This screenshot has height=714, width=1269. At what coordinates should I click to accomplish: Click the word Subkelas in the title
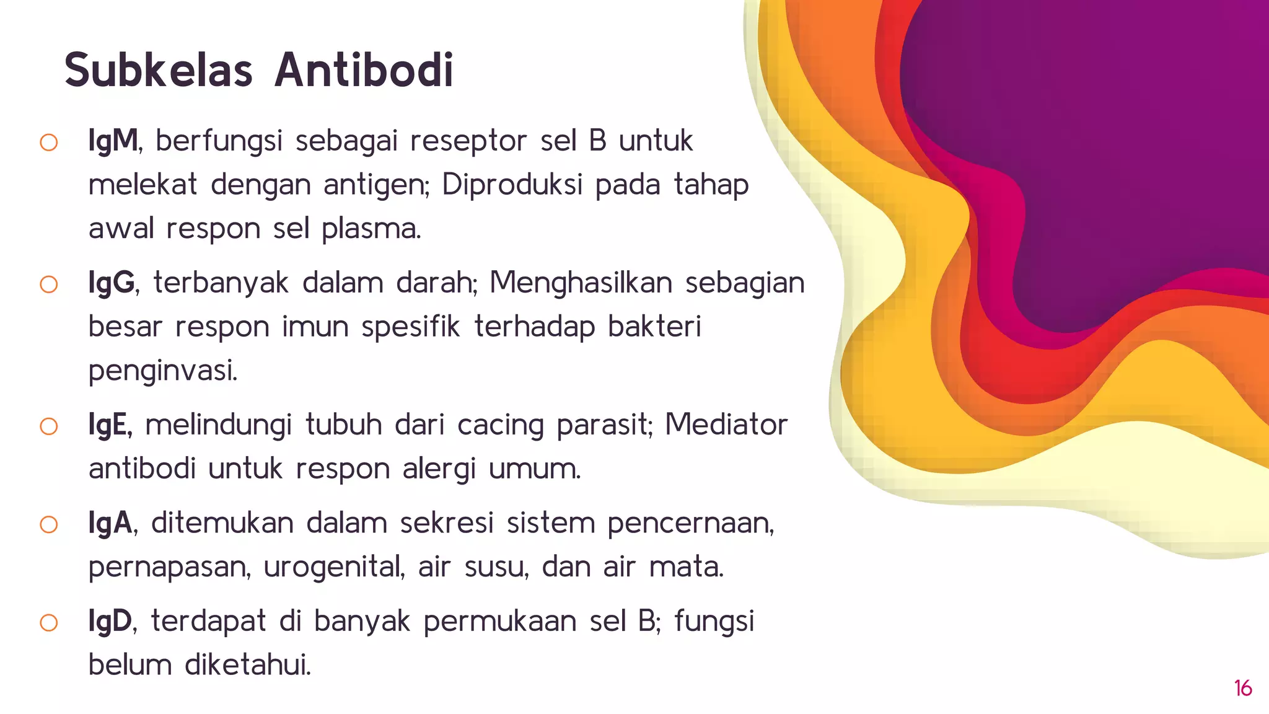(159, 70)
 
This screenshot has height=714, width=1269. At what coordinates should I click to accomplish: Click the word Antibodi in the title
(364, 70)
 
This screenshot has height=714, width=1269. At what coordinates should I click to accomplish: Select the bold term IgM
(113, 141)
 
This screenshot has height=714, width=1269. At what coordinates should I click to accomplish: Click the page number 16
(1243, 689)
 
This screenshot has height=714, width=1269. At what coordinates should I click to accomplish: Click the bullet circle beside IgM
(49, 143)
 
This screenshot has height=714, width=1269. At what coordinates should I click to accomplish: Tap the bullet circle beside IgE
(49, 426)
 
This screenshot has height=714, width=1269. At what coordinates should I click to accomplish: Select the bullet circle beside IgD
(49, 622)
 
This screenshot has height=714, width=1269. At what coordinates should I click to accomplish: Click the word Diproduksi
(512, 185)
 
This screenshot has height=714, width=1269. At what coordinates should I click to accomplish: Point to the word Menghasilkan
(581, 283)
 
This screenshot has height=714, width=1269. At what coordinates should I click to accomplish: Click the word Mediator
(726, 425)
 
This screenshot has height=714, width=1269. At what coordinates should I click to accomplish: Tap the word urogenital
(333, 567)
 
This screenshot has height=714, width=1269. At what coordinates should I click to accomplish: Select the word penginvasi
(162, 371)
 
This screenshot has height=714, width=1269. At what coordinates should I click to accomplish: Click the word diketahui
(247, 665)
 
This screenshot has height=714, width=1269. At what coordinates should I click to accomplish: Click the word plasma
(371, 229)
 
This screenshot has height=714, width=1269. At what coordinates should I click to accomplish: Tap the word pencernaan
(690, 523)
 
